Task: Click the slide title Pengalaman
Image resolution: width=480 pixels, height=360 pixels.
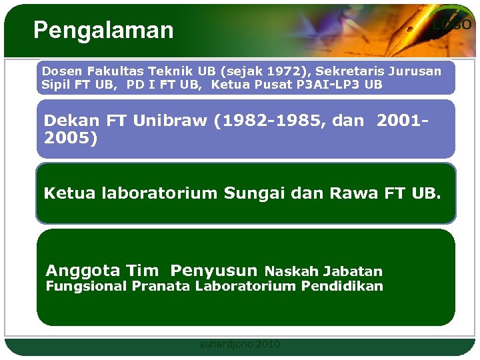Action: [x=103, y=30]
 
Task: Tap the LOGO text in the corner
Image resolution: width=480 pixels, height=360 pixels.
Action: [x=451, y=25]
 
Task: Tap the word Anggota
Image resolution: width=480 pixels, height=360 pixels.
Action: [x=83, y=271]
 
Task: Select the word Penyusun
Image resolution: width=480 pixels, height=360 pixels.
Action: [x=213, y=271]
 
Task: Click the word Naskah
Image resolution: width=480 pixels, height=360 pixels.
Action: [x=291, y=271]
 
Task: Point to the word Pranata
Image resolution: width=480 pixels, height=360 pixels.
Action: [x=161, y=286]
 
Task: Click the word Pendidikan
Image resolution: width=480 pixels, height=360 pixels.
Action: [x=342, y=286]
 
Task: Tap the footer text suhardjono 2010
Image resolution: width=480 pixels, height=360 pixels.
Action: [x=240, y=345]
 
